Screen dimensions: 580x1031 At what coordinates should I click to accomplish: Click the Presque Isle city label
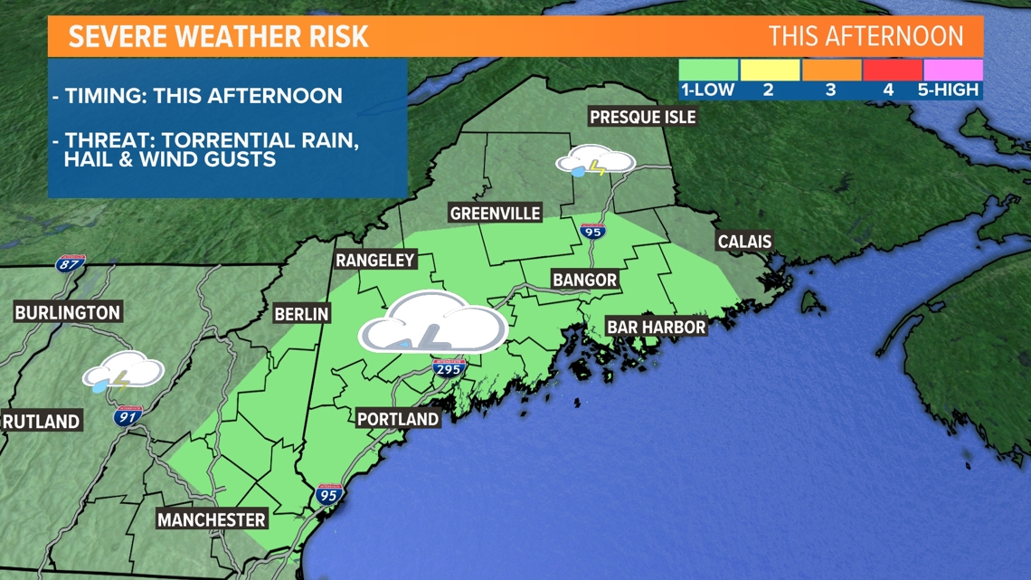[642, 117]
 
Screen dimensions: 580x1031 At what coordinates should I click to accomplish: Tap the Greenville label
[495, 214]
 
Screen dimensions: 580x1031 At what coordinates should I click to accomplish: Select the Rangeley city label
[374, 261]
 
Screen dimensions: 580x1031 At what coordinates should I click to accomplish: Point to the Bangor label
[584, 280]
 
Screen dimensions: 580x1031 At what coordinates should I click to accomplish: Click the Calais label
[744, 242]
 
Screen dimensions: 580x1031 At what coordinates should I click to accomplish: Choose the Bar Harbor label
[656, 327]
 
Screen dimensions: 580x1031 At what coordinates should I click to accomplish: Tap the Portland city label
[397, 419]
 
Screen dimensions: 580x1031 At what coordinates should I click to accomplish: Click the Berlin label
[301, 314]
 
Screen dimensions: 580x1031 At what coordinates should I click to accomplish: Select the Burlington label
[67, 313]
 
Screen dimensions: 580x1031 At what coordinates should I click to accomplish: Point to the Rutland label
[42, 421]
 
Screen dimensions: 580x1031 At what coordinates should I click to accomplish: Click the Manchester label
[212, 519]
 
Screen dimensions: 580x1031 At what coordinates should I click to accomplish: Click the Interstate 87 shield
[68, 263]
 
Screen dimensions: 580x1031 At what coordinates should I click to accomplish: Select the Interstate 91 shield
[128, 416]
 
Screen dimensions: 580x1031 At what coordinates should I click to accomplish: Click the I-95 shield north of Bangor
[591, 230]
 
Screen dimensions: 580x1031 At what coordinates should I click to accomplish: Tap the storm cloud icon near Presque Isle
[594, 163]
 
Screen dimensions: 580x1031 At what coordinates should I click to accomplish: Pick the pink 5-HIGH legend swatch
[952, 70]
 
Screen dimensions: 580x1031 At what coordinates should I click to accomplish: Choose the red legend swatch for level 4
[892, 70]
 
